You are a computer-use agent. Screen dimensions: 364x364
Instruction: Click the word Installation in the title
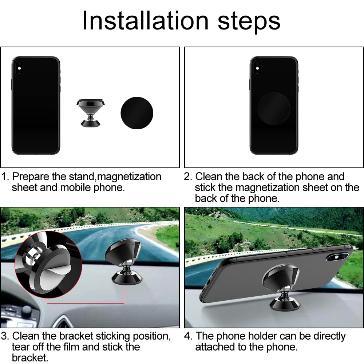point(145,21)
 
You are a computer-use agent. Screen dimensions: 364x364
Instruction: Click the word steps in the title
point(249,23)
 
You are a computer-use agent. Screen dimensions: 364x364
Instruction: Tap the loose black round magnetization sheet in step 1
point(137,113)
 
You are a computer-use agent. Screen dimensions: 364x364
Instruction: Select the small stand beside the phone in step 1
point(91,113)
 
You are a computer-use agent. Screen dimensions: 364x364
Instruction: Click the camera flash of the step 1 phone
point(19,68)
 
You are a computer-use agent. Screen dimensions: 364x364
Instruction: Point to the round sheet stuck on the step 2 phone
point(273,108)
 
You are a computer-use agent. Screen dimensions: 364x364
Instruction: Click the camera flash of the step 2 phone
point(257,68)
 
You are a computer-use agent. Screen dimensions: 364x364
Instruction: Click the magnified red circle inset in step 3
point(48,265)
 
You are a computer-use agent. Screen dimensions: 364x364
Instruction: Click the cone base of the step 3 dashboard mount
point(127,278)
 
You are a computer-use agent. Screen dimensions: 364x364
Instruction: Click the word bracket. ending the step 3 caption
point(30,358)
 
